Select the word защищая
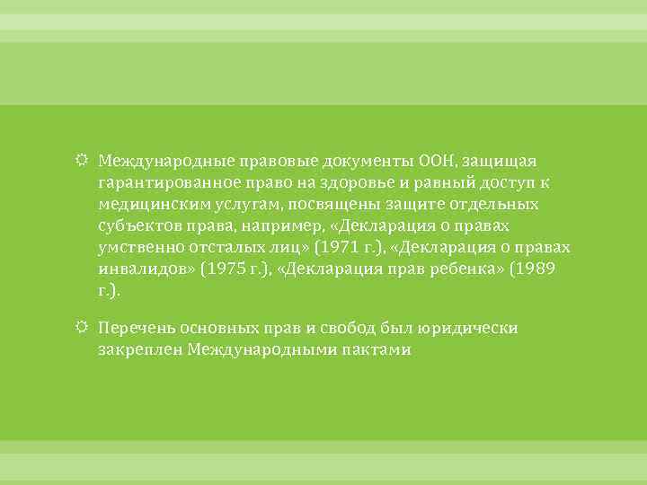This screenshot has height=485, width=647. (504, 161)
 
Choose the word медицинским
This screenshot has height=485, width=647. (146, 204)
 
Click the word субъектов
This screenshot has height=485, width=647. (136, 225)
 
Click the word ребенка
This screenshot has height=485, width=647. (467, 269)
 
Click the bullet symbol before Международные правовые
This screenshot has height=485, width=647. (84, 161)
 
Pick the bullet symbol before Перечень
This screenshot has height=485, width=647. (84, 328)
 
